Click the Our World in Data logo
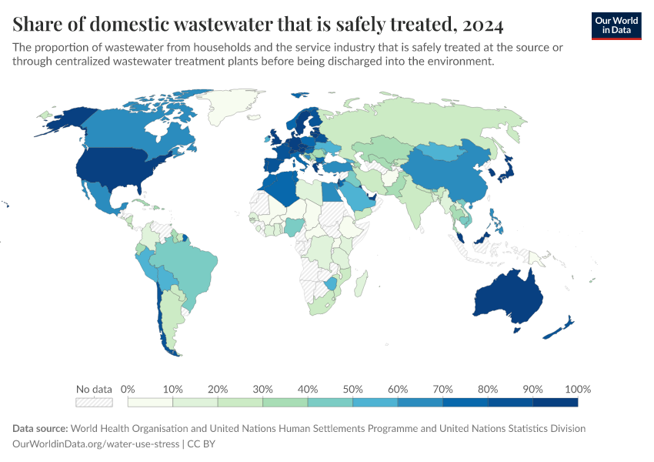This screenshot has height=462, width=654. click(x=616, y=25)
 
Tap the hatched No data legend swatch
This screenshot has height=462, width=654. click(x=94, y=402)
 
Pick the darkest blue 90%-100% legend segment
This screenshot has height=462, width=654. click(x=555, y=402)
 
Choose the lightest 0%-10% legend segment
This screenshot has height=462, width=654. click(x=151, y=402)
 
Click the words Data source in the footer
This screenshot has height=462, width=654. click(x=41, y=428)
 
